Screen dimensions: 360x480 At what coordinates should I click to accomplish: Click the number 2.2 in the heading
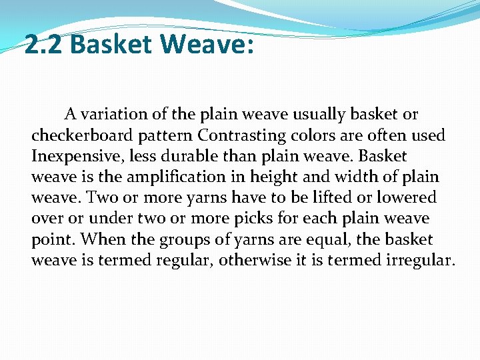(x=44, y=45)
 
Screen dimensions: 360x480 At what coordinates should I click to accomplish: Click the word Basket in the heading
(x=111, y=45)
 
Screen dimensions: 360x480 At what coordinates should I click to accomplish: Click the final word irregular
(x=421, y=259)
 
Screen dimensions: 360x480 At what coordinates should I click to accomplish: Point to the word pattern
(x=165, y=135)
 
